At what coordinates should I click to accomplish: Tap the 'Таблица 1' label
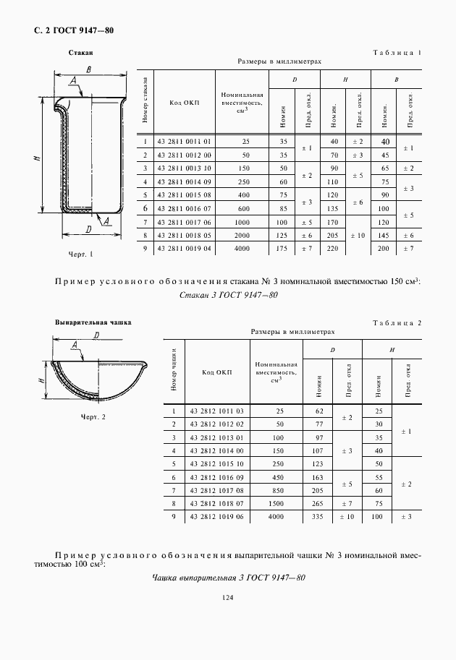coord(396,53)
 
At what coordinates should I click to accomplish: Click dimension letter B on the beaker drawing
coord(87,69)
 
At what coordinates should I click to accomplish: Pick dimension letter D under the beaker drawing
coord(87,230)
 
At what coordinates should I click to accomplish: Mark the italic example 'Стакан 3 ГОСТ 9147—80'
coord(228,295)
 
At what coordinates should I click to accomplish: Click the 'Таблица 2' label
coord(396,322)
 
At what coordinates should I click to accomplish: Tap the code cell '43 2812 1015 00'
coord(218,463)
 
